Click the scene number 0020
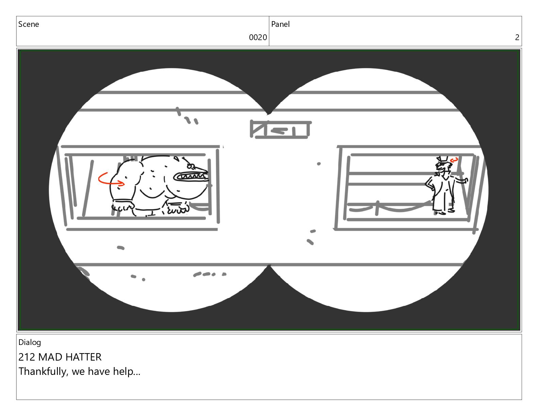click(x=258, y=37)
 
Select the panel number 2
click(x=517, y=37)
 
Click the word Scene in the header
click(x=29, y=24)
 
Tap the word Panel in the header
click(x=280, y=24)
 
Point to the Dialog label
click(x=30, y=343)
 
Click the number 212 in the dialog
click(x=27, y=357)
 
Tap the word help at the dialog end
click(x=127, y=372)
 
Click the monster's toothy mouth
click(x=191, y=176)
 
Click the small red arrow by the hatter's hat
click(x=454, y=160)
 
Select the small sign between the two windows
click(x=280, y=129)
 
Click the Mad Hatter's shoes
click(x=444, y=212)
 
